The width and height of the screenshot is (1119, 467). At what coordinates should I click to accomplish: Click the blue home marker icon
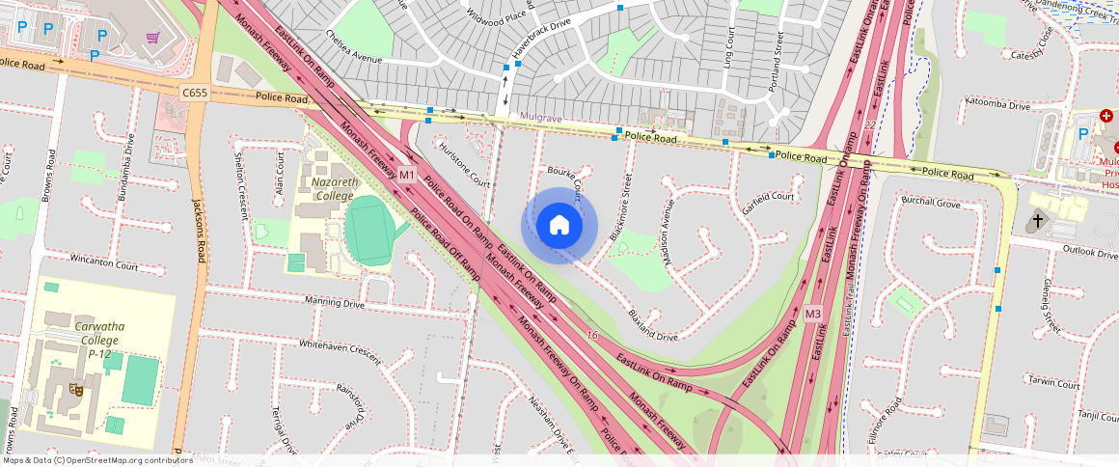tap(559, 225)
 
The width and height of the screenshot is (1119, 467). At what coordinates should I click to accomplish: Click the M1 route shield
tap(406, 175)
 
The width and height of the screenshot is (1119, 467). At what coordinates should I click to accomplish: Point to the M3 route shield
tap(812, 314)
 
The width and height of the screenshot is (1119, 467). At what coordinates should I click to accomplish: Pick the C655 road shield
tap(194, 92)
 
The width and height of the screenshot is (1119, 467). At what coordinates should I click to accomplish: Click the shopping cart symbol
tap(153, 38)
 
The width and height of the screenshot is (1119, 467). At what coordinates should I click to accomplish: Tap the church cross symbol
tap(1037, 220)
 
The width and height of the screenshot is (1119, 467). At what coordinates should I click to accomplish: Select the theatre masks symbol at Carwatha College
tap(73, 390)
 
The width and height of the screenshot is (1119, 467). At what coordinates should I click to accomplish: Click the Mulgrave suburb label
tap(541, 117)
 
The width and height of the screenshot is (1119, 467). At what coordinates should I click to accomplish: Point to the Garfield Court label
tap(768, 197)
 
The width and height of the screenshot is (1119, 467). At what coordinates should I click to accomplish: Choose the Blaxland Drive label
tap(652, 325)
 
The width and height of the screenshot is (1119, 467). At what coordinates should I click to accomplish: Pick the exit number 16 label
tap(591, 335)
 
